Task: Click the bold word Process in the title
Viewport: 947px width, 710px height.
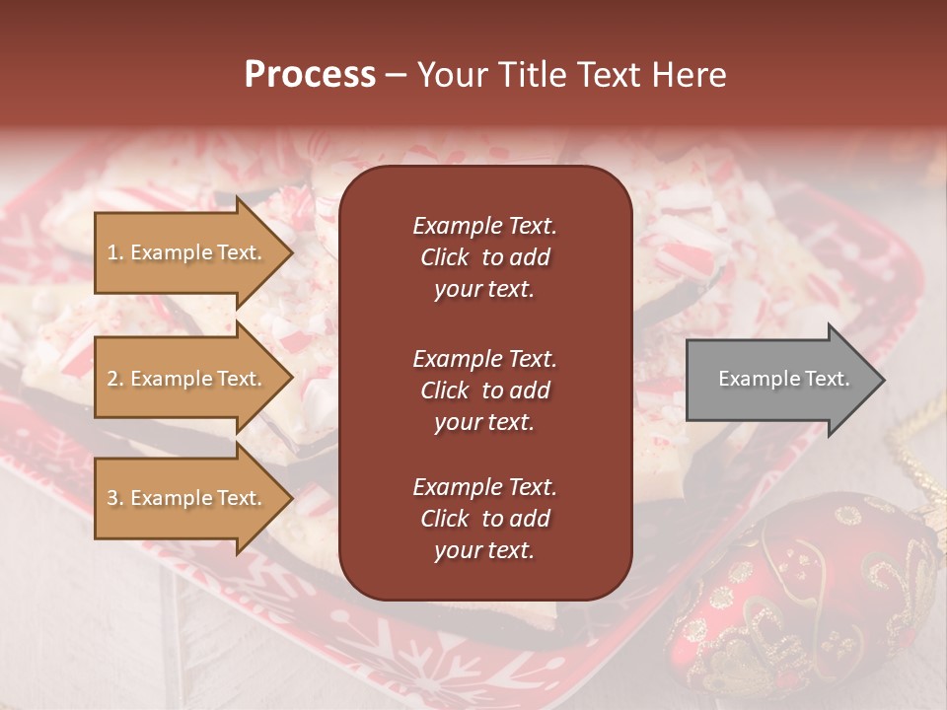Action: [x=310, y=75]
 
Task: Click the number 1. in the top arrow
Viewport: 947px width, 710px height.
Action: [x=115, y=252]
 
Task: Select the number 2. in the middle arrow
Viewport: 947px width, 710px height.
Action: [x=115, y=379]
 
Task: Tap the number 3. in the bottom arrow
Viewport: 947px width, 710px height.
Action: [x=115, y=498]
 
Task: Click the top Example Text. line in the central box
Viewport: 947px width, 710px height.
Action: [x=484, y=226]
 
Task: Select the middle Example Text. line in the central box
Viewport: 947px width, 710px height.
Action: [x=484, y=359]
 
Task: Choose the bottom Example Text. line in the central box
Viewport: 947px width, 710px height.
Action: [x=484, y=487]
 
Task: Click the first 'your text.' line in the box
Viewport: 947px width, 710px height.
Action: [x=484, y=290]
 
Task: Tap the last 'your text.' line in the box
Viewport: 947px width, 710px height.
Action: [x=484, y=551]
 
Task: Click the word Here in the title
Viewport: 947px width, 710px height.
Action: [x=690, y=75]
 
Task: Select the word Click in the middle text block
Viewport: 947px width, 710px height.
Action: [x=445, y=390]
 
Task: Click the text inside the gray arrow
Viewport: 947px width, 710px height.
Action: [x=784, y=379]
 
